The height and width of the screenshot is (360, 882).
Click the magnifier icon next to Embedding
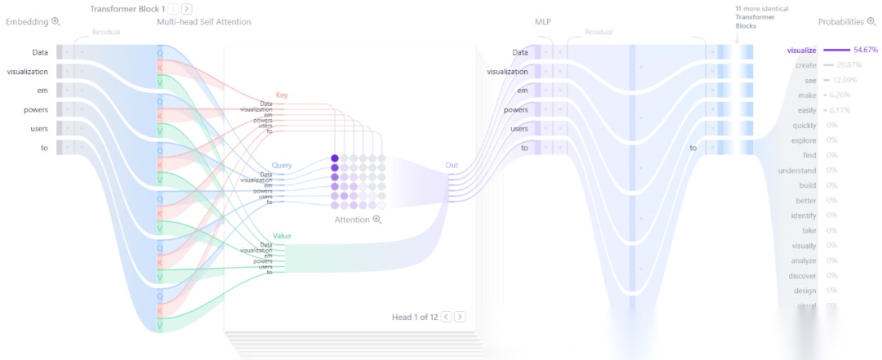[x=56, y=22]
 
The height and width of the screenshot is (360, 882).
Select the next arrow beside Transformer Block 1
[x=188, y=8]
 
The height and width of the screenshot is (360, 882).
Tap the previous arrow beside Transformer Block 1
[x=173, y=8]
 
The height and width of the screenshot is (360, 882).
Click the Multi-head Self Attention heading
[x=203, y=22]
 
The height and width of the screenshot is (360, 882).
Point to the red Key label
[x=281, y=96]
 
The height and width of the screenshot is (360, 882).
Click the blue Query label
[x=282, y=165]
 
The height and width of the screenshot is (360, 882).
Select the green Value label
[x=282, y=236]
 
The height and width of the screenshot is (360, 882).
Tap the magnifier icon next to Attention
[x=377, y=220]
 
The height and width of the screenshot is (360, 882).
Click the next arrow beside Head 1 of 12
[x=460, y=317]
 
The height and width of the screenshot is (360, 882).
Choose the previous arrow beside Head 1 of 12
[x=446, y=317]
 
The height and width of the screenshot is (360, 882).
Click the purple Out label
[x=452, y=165]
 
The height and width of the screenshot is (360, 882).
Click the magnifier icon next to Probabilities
[x=871, y=22]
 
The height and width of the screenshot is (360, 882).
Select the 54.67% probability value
[x=865, y=50]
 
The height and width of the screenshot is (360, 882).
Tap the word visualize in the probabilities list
[x=801, y=50]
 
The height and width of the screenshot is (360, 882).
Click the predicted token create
[x=805, y=64]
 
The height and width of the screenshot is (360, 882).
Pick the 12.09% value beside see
[x=844, y=80]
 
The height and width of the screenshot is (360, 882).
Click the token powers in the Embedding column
[x=36, y=109]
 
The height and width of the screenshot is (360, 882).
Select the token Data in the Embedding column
[x=40, y=52]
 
